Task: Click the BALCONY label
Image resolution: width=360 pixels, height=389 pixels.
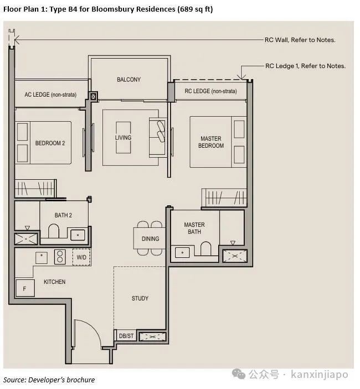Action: pyautogui.click(x=128, y=79)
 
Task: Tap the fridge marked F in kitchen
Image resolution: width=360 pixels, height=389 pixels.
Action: pyautogui.click(x=25, y=288)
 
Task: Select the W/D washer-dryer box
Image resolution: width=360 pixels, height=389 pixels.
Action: pyautogui.click(x=81, y=257)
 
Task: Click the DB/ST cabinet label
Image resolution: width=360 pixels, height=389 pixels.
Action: pyautogui.click(x=126, y=336)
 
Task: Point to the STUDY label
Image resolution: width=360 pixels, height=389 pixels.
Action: pyautogui.click(x=140, y=298)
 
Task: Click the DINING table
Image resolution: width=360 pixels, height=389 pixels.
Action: pyautogui.click(x=150, y=238)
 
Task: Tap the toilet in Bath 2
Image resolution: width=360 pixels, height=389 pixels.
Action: pyautogui.click(x=53, y=231)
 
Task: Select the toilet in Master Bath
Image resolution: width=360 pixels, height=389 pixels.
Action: pyautogui.click(x=205, y=248)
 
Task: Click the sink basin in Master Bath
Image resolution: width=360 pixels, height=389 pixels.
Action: pyautogui.click(x=182, y=252)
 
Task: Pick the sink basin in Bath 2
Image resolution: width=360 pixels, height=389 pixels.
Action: pyautogui.click(x=78, y=235)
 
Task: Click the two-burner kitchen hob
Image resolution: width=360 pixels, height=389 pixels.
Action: pyautogui.click(x=60, y=257)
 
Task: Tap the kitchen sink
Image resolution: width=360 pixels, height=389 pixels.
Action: pyautogui.click(x=42, y=258)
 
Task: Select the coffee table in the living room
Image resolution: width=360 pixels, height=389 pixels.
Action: pyautogui.click(x=123, y=137)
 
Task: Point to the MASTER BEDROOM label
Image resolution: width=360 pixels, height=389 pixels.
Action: pyautogui.click(x=211, y=142)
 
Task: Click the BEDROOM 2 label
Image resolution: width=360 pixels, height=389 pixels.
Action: pyautogui.click(x=50, y=143)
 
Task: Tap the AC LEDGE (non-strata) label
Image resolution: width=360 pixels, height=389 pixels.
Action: pyautogui.click(x=50, y=95)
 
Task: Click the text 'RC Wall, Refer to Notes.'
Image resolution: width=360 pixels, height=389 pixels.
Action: pyautogui.click(x=300, y=40)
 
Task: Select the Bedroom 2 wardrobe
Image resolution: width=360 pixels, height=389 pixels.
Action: pyautogui.click(x=35, y=188)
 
